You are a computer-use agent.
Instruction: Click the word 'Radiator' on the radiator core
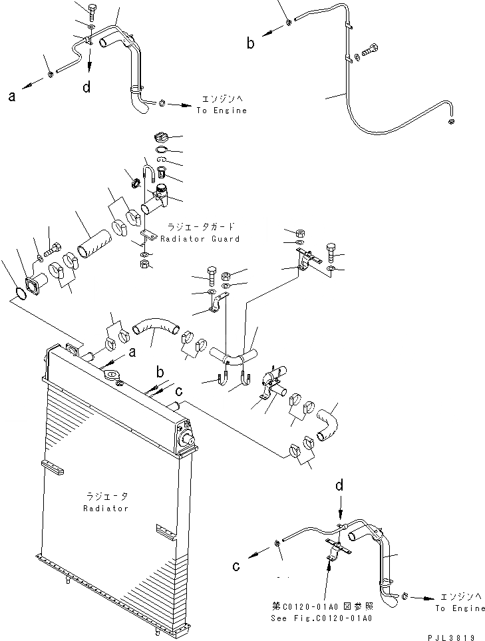pos(106,508)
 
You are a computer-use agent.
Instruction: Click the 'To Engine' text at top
pos(221,110)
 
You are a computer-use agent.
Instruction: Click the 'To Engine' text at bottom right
pos(460,608)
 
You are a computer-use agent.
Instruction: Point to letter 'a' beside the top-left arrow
pos(12,97)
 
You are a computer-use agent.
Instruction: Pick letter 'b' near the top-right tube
pos(251,44)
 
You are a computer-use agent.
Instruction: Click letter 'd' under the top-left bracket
pos(87,86)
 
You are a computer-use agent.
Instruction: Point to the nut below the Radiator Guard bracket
pos(144,264)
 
